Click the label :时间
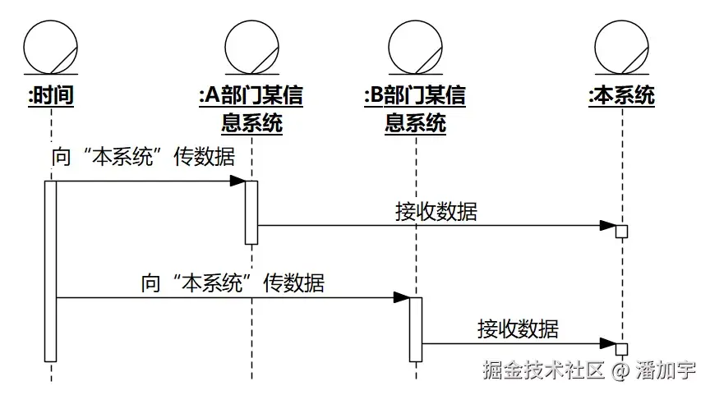pos(51,95)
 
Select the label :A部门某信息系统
pos(251,108)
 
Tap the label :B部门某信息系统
pos(416,108)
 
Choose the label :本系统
pos(622,95)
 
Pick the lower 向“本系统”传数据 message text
pos(233,283)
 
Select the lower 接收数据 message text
pos(518,328)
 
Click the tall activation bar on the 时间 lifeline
pos(50,270)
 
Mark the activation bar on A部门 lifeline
pos(251,212)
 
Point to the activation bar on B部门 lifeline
pos(416,328)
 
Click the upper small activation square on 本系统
pos(622,232)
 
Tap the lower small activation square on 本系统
pos(622,349)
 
